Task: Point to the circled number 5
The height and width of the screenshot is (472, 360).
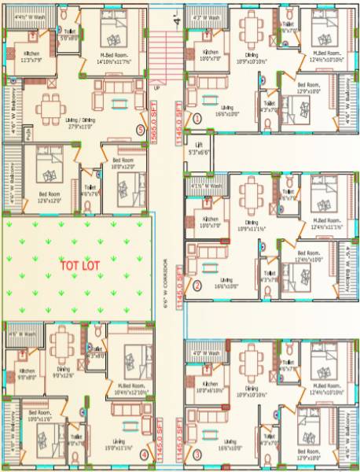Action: pos(141,129)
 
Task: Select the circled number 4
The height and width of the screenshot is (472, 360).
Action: pos(144,454)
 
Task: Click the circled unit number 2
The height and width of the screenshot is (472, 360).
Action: pos(197,286)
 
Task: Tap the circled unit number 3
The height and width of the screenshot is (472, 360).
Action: pos(197,454)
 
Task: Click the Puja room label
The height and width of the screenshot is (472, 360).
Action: pos(7,136)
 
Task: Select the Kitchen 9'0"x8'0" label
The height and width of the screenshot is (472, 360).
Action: pos(27,373)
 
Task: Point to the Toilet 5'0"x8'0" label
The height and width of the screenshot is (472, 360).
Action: pos(70,34)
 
